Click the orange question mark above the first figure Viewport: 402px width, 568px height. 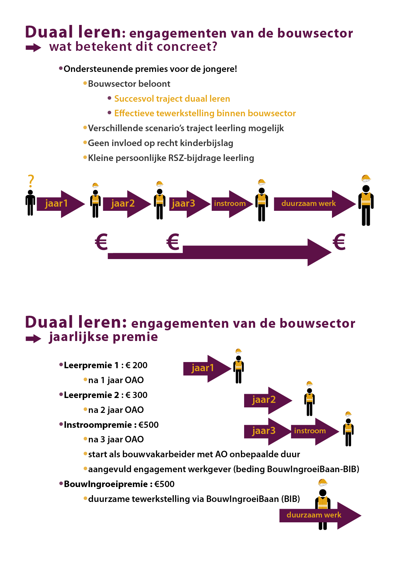(x=31, y=181)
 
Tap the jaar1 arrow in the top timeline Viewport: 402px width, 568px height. (x=61, y=204)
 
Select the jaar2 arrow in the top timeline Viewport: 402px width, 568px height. (x=127, y=204)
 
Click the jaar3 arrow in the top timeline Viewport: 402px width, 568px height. (x=190, y=204)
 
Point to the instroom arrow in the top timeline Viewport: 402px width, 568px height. (x=232, y=204)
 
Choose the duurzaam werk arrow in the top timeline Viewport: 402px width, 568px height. (x=315, y=204)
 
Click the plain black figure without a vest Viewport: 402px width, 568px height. (x=30, y=203)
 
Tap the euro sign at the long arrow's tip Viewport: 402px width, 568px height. (x=339, y=242)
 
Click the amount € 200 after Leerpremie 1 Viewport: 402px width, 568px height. (x=136, y=365)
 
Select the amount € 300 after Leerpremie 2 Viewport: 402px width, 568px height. (x=136, y=395)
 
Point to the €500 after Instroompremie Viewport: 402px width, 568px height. (x=148, y=425)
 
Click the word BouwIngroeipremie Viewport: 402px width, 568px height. (x=106, y=484)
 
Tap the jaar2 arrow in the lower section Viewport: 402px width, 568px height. (x=268, y=401)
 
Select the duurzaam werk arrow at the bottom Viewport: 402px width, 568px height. (x=320, y=516)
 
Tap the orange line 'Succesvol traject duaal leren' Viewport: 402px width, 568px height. (x=172, y=99)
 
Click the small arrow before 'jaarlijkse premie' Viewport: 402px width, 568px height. (x=33, y=339)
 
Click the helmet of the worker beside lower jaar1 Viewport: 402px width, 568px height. (x=239, y=351)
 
